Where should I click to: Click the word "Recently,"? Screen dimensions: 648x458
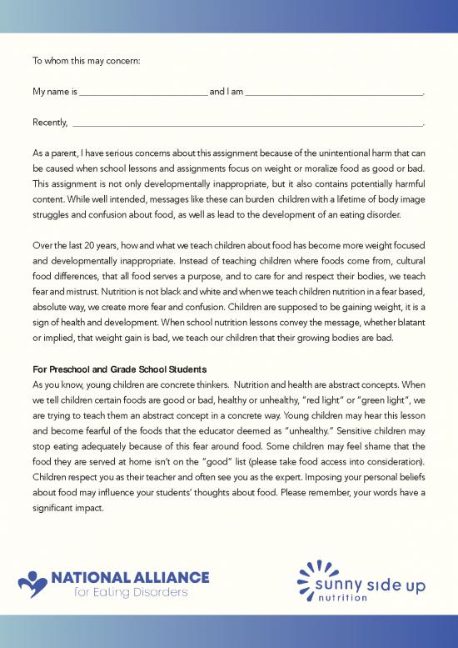pos(50,123)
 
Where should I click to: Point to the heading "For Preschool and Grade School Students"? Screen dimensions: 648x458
pos(119,369)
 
